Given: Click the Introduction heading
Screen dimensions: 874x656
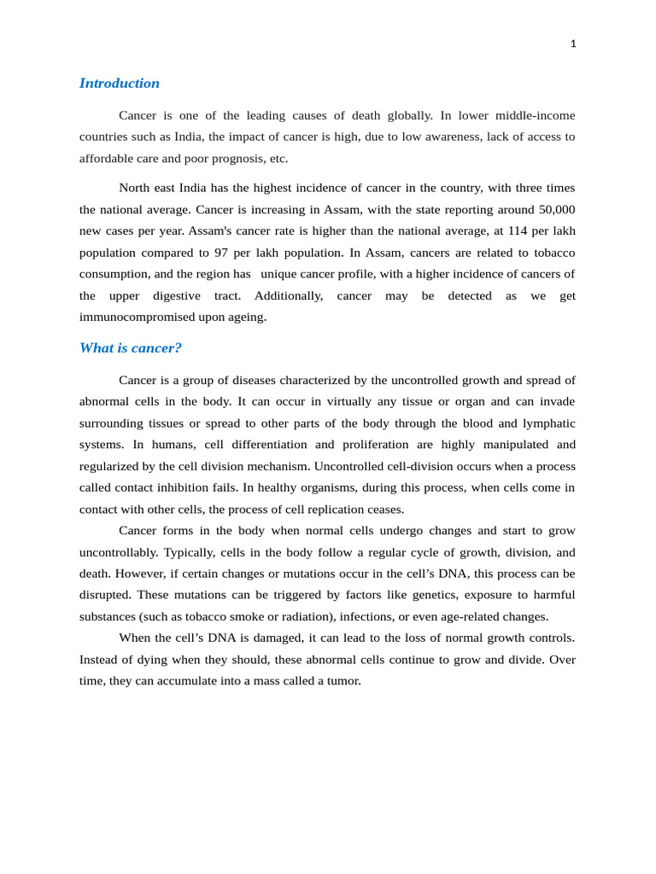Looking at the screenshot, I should tap(119, 84).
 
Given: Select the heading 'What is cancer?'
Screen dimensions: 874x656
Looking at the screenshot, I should tap(130, 348).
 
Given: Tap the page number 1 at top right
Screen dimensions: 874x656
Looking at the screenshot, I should tap(573, 44).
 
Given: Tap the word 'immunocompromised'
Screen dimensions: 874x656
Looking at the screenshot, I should tap(136, 317).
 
